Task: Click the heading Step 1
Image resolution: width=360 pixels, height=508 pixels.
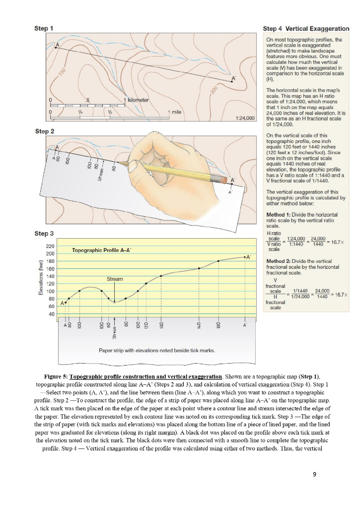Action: (x=44, y=28)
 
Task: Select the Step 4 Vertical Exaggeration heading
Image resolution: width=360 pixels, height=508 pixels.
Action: (x=306, y=29)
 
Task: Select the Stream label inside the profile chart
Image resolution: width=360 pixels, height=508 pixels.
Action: (x=115, y=279)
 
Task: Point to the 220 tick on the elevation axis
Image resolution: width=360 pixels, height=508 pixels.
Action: (x=51, y=246)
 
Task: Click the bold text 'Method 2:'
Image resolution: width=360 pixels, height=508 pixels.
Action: (x=279, y=260)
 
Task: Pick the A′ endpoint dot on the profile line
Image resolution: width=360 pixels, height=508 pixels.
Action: (x=245, y=257)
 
